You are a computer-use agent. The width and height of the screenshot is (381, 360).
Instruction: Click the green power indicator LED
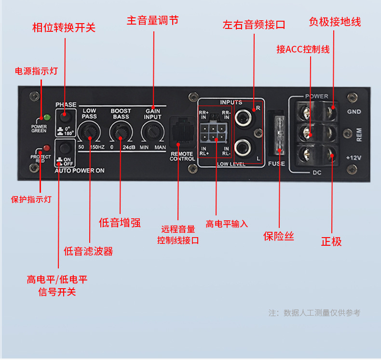[47, 117]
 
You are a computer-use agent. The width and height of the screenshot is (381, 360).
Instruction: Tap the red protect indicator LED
[47, 148]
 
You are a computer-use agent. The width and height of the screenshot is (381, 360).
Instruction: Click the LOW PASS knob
[89, 131]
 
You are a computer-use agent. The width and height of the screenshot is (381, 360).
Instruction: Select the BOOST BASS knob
[121, 131]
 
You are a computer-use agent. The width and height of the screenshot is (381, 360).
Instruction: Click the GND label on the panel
[354, 112]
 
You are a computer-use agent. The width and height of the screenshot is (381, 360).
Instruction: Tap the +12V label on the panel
[354, 158]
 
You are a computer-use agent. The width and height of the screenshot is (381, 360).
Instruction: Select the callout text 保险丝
[278, 236]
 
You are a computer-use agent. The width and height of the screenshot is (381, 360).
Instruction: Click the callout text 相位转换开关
[64, 27]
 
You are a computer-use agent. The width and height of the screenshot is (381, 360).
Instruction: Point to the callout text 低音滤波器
[88, 251]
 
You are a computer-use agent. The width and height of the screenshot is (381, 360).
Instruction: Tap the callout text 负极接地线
[335, 22]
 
